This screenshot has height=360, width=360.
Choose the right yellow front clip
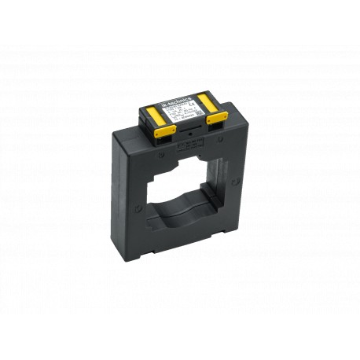216,119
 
